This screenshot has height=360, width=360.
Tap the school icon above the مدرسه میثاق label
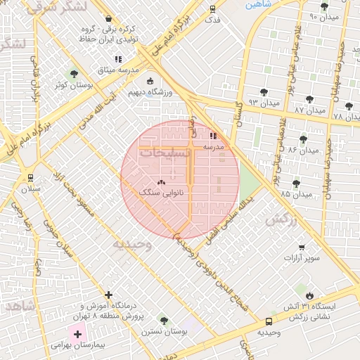pos(118,60)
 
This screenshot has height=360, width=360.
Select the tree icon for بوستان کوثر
pos(74,74)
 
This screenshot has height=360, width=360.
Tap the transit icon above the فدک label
pos(212,9)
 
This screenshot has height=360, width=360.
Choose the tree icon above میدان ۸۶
pos(303,139)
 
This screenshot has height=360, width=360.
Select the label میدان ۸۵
pos(295,193)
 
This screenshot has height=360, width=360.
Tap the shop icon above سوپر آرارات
pos(302,247)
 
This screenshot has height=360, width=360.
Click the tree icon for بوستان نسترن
pos(163,320)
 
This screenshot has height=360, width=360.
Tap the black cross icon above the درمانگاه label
pos(108,295)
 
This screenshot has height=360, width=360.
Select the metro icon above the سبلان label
pos(30,178)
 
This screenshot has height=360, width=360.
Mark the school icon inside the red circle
pos(213,136)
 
